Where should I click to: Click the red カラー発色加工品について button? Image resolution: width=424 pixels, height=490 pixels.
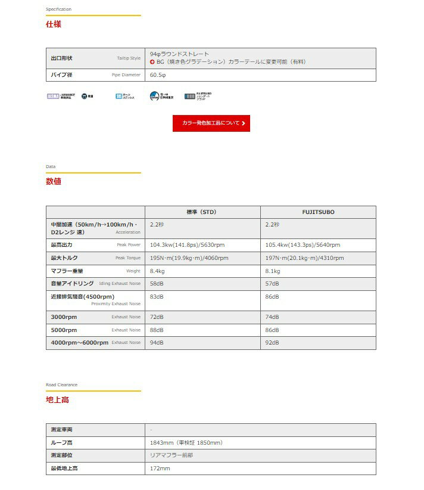[x=211, y=123]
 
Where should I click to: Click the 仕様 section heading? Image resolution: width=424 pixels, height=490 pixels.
[x=54, y=24]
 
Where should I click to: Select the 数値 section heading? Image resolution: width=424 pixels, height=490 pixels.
[x=54, y=181]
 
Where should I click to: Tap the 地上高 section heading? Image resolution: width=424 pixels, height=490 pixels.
[x=57, y=399]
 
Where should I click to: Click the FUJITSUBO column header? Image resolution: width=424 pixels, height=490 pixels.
[x=318, y=212]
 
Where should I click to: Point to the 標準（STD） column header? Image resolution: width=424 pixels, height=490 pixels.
[x=202, y=212]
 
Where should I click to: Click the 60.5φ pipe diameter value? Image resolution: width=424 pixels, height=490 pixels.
[x=158, y=75]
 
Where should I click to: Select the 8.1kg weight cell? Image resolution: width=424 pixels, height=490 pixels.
[x=273, y=271]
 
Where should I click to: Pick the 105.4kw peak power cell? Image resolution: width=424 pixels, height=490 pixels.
[x=303, y=245]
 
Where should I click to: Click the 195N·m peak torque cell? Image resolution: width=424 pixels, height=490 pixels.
[x=189, y=258]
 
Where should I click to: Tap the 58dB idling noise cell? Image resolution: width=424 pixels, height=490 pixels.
[x=157, y=284]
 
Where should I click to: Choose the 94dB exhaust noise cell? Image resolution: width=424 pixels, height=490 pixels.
[x=157, y=343]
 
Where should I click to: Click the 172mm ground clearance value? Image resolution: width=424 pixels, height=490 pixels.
[x=160, y=469]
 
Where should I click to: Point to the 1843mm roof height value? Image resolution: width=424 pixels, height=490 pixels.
[x=186, y=443]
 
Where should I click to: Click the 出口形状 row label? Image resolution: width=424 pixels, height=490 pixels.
[x=61, y=58]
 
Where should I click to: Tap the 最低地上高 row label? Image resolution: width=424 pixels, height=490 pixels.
[x=64, y=469]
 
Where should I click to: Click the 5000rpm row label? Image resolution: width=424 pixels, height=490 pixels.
[x=64, y=330]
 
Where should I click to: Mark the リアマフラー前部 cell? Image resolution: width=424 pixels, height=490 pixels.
[x=172, y=455]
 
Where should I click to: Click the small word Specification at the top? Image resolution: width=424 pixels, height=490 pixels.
[x=58, y=10]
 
